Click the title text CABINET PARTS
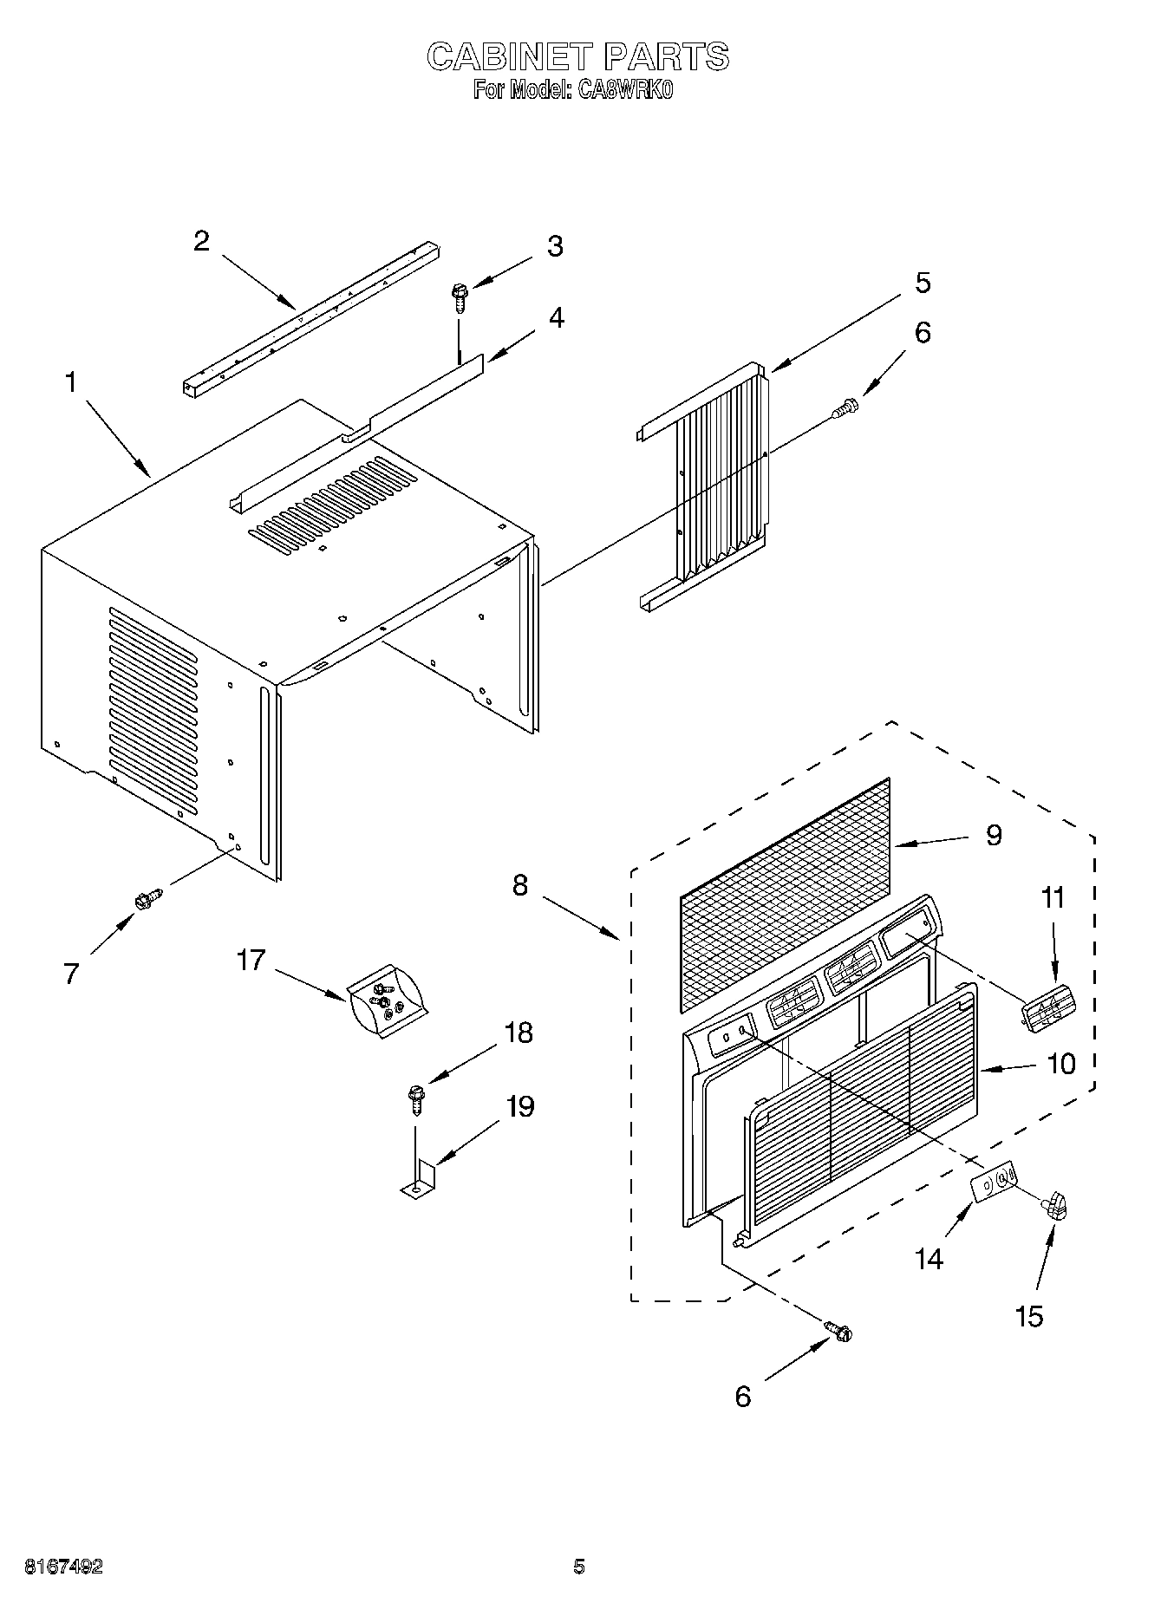coord(578,57)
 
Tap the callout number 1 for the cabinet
coord(71,382)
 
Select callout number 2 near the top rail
coord(201,241)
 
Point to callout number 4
coord(556,318)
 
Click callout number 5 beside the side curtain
coord(923,283)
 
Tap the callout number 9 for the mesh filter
coord(994,835)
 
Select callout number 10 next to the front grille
coord(1061,1064)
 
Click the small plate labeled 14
coord(993,1182)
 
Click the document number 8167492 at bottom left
coord(64,1567)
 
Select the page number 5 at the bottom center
coord(579,1567)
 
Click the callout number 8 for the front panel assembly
coord(520,886)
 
